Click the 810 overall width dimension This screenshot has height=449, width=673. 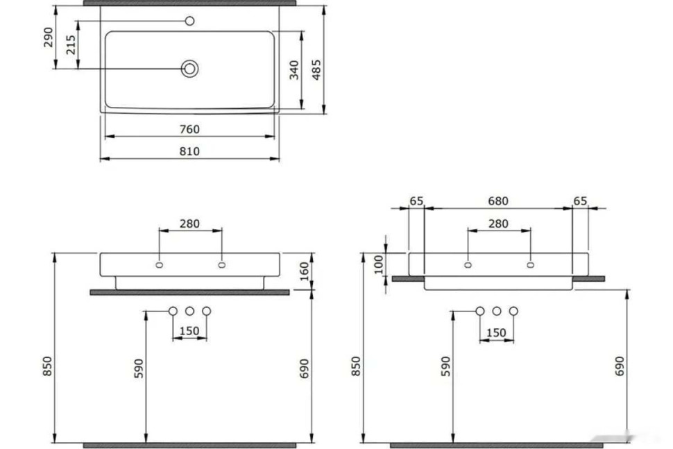pos(189,151)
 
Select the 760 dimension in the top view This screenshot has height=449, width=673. pos(189,129)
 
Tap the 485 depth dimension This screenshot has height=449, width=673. pos(316,69)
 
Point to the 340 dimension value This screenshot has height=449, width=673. pos(294,69)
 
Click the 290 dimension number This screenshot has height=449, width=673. pos(48,37)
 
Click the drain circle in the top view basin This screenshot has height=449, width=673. pos(189,68)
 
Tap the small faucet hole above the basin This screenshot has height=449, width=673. pos(189,21)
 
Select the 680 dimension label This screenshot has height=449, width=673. pos(497,201)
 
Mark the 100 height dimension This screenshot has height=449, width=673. pos(378,264)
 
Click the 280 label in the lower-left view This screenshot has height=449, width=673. pos(189,223)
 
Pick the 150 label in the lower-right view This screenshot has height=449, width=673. pos(496,333)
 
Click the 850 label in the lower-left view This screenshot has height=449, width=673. pos(48,366)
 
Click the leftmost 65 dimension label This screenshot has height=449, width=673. pos(416,201)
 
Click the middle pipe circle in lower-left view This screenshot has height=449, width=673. pos(189,311)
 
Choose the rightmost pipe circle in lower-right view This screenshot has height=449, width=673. pos(513,311)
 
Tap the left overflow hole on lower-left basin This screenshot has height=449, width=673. pos(159,264)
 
